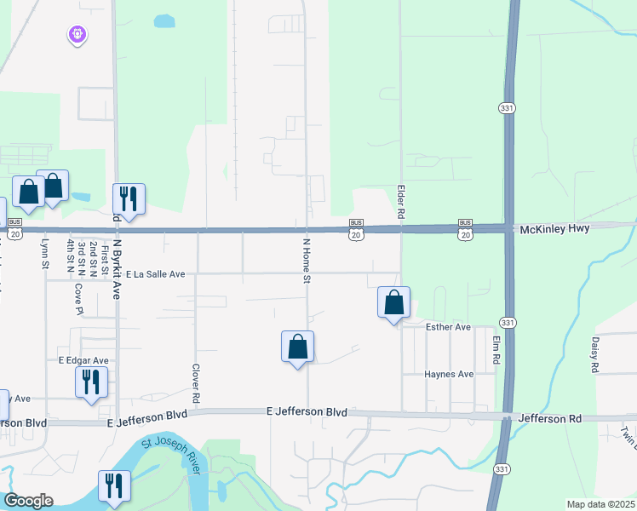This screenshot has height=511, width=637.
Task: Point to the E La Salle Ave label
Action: point(155,274)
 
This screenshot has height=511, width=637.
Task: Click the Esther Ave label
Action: point(448,327)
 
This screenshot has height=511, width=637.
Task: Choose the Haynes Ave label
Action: point(449,374)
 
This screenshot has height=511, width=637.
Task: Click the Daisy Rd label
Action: point(594,353)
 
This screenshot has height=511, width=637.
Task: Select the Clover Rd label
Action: point(196,384)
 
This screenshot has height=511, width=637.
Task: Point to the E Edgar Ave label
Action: point(83,360)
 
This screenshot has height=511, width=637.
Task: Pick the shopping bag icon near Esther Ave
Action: point(393,302)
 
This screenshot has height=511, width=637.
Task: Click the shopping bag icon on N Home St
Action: point(297,347)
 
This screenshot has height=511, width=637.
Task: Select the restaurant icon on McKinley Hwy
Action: point(129,199)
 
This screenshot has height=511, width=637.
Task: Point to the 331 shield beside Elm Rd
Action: point(508,323)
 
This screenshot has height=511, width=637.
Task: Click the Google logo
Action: point(28,501)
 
